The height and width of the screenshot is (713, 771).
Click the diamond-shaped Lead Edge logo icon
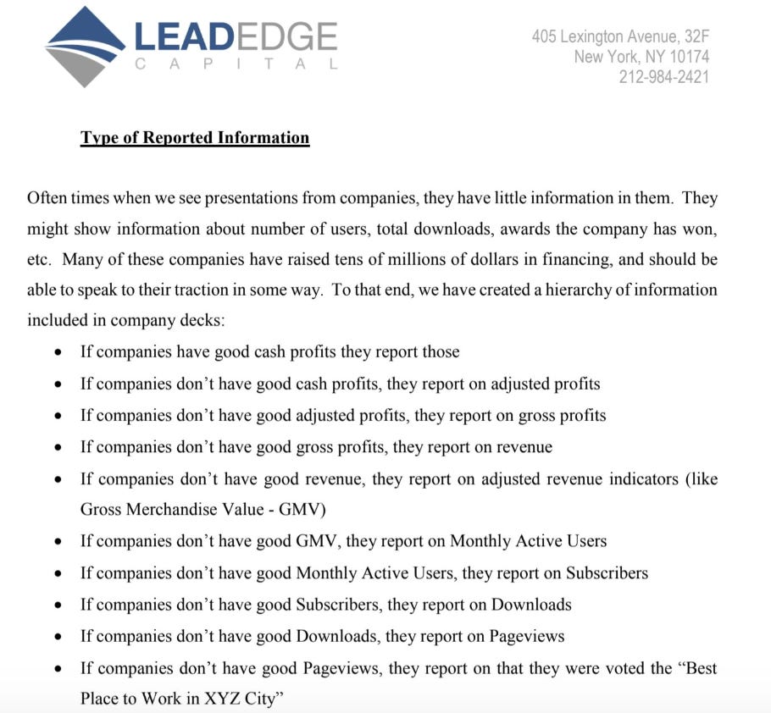coord(86,47)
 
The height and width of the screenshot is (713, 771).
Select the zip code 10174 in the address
coord(686,57)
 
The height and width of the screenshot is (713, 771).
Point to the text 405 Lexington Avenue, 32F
coord(620,36)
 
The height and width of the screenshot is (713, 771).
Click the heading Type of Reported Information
coord(195,137)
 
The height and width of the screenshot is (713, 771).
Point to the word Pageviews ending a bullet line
coord(523,636)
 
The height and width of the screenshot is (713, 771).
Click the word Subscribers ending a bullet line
coord(607,573)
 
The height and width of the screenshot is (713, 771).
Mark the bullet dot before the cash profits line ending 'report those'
coord(58,353)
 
